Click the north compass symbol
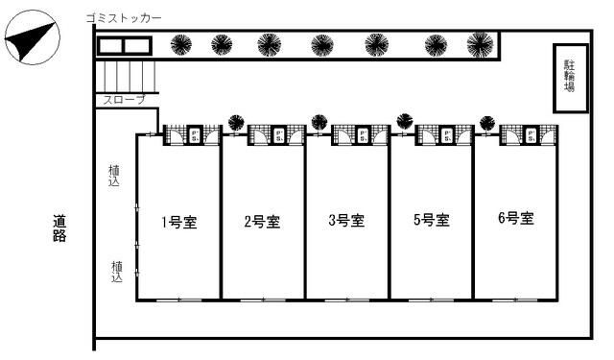tap(32, 40)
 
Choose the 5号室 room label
tap(431, 221)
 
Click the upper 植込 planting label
tap(115, 175)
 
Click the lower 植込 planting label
tap(115, 272)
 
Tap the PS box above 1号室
tap(192, 135)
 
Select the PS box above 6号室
tap(529, 135)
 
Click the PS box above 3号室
tap(361, 135)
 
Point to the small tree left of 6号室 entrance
tap(487, 122)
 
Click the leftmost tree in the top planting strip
tap(179, 44)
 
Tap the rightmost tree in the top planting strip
tap(479, 44)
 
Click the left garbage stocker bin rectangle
tap(110, 46)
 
